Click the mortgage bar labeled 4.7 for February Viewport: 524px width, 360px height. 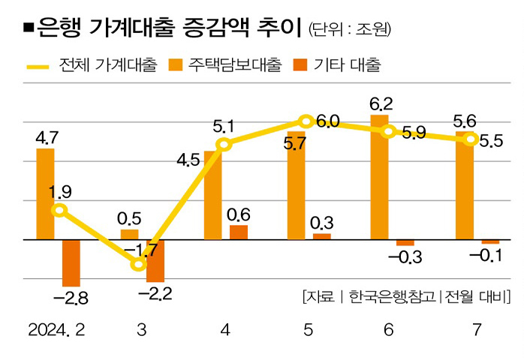(45, 193)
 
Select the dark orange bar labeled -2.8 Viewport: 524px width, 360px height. (71, 262)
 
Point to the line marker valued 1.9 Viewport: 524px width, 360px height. (59, 210)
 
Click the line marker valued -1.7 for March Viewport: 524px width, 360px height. (138, 264)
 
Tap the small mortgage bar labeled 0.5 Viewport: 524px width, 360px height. (129, 235)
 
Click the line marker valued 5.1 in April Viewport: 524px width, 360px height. (223, 144)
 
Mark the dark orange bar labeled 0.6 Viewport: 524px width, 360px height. (239, 232)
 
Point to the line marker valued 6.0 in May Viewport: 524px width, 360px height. (306, 121)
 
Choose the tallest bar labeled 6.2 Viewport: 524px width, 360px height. (380, 177)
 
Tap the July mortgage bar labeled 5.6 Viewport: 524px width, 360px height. (465, 185)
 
